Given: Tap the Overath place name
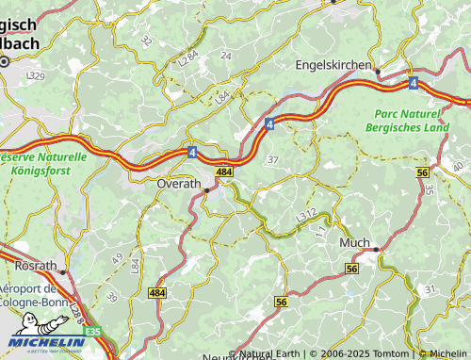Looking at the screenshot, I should pos(179,183).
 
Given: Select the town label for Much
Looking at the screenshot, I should pos(354,243).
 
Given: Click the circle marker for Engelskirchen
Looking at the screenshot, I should pos(378,71).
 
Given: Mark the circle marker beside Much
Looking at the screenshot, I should pos(376,250).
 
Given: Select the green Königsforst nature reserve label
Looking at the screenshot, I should pos(42,164).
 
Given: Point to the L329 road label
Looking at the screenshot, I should pos(35,74).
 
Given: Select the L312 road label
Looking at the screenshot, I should pos(305,216).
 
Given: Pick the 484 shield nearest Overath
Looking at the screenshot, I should pos(223,172).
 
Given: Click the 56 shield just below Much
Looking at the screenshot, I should pos(351,269).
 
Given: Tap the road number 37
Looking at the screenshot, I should pos(272,159).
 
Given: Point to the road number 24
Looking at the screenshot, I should pos(225,56).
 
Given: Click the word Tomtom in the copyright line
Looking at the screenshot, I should pos(394,353).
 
